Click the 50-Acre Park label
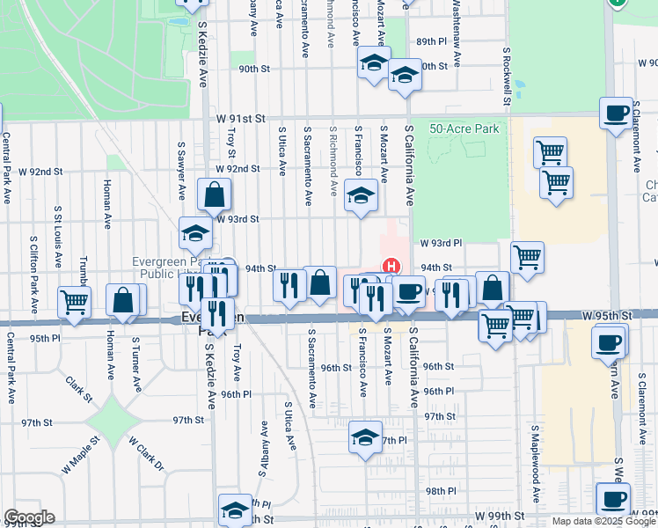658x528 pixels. [464, 128]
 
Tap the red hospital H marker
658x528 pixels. [391, 265]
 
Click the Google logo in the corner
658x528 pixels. [28, 517]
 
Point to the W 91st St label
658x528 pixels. [236, 118]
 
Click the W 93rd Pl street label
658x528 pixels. [441, 242]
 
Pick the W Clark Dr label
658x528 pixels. [147, 453]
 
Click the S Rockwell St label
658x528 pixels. [508, 76]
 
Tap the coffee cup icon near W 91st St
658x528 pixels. [616, 113]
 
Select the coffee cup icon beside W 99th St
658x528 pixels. [612, 498]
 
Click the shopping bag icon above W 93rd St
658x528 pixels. [214, 194]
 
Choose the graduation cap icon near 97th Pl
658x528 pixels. [365, 437]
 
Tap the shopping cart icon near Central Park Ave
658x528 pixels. [75, 301]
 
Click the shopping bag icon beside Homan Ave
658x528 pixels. [123, 300]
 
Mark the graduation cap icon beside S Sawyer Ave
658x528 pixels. [195, 233]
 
